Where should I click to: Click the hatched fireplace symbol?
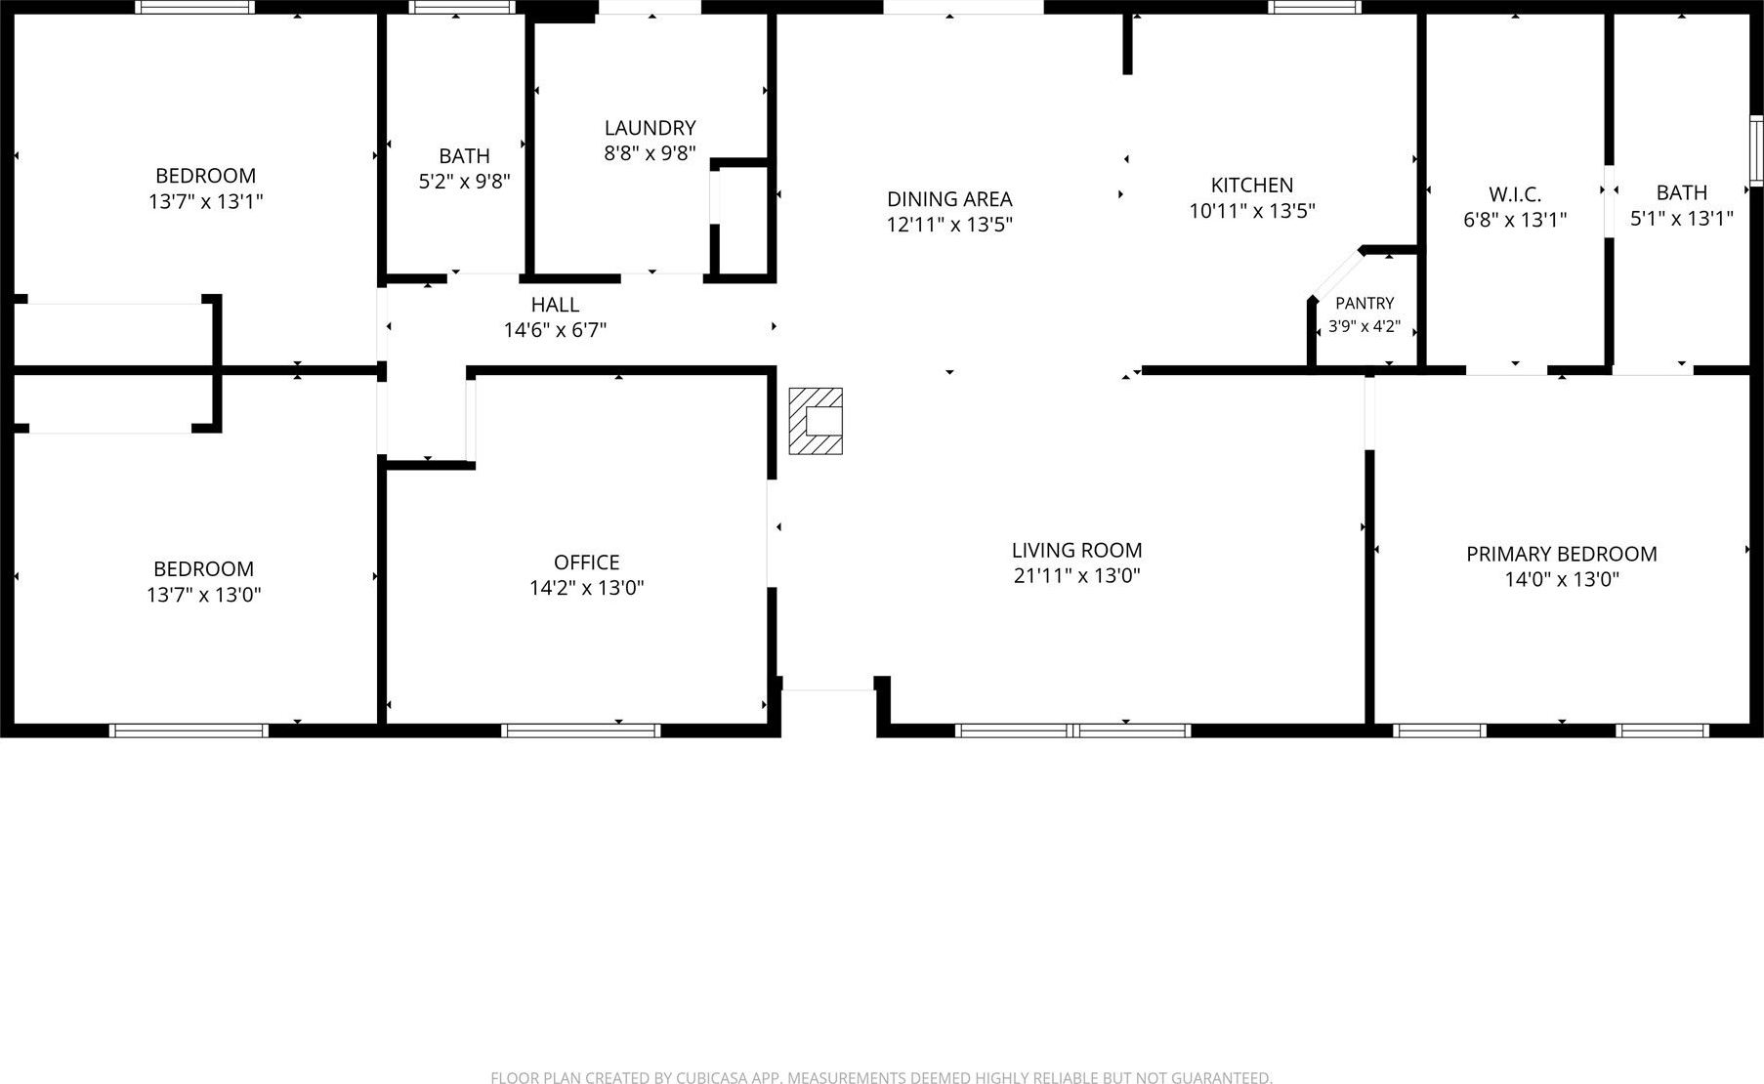pyautogui.click(x=816, y=421)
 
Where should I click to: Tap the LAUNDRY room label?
pyautogui.click(x=650, y=128)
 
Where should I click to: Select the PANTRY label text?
pyautogui.click(x=1365, y=304)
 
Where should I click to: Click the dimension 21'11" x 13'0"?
pyautogui.click(x=1077, y=576)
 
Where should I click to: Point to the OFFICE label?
pyautogui.click(x=586, y=563)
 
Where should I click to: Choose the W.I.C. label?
pyautogui.click(x=1515, y=194)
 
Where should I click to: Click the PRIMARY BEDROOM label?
pyautogui.click(x=1561, y=555)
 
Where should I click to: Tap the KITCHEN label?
pyautogui.click(x=1252, y=186)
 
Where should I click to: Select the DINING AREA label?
pyautogui.click(x=949, y=199)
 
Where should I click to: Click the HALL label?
pyautogui.click(x=555, y=305)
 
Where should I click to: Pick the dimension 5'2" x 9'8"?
pyautogui.click(x=465, y=182)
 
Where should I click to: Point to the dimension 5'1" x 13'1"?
pyautogui.click(x=1682, y=219)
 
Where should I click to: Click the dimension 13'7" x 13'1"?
pyautogui.click(x=206, y=202)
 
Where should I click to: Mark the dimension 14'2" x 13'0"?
pyautogui.click(x=586, y=588)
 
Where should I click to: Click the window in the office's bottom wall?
pyautogui.click(x=581, y=730)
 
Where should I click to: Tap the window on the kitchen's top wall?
pyautogui.click(x=1314, y=7)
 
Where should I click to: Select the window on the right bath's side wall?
pyautogui.click(x=1756, y=151)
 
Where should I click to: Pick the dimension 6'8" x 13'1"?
pyautogui.click(x=1515, y=221)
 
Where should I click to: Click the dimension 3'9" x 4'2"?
pyautogui.click(x=1365, y=327)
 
